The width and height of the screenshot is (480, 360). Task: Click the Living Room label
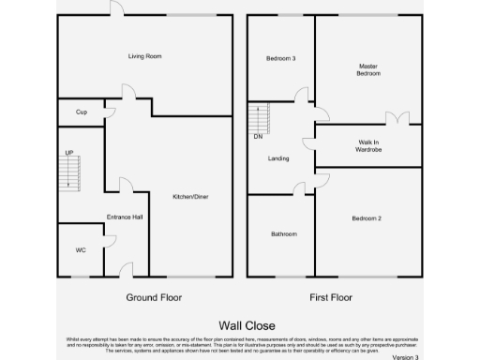coord(145,56)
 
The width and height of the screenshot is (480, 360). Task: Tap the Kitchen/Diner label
coord(190,197)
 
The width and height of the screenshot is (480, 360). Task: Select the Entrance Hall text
coord(125,217)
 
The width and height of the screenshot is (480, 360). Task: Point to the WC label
coord(81,251)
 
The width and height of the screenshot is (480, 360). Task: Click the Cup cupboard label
coord(81,112)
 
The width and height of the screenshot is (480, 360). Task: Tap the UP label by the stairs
coord(69,152)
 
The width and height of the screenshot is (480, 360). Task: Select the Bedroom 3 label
coord(280,59)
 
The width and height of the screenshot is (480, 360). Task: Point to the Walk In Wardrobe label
coord(368,145)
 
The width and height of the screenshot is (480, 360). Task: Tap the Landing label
coord(278,158)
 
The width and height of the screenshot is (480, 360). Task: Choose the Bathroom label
coord(284,233)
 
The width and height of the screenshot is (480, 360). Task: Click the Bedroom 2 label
coord(367,218)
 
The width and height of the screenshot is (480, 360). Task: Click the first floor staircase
coord(258,118)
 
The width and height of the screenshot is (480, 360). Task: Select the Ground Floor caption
coord(154,297)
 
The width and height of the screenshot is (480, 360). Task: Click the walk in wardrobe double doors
coord(397,119)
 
